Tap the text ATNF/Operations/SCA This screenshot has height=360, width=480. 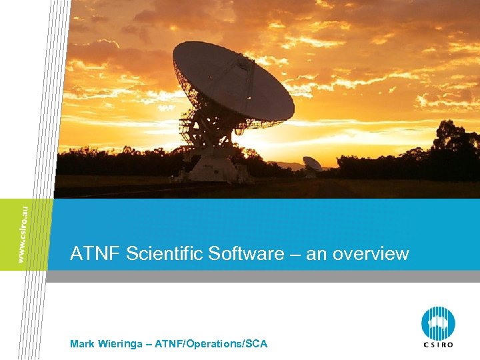click(211, 344)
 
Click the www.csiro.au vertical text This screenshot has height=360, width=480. click(24, 234)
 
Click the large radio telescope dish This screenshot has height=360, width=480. click(233, 83)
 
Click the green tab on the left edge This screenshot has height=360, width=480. click(25, 234)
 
